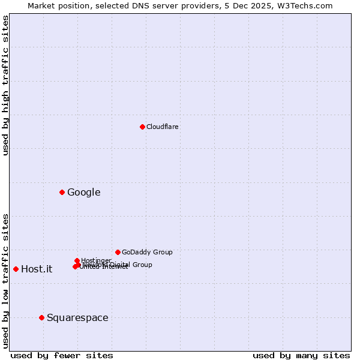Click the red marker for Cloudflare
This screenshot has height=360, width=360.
pos(142,127)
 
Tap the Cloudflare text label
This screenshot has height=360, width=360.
pos(162,127)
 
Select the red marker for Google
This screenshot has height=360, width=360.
pos(62,192)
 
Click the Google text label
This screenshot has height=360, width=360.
pos(83,192)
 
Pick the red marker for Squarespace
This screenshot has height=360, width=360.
pos(41,317)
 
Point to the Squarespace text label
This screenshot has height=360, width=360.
pos(77,317)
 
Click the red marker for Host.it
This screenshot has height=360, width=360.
pos(16,269)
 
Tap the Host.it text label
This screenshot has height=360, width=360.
pos(37,269)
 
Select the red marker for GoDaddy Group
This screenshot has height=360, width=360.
pos(118,252)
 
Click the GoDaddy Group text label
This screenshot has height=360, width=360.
pos(147,252)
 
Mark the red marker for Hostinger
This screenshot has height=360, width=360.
pos(77,260)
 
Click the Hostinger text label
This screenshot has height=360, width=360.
pos(96,260)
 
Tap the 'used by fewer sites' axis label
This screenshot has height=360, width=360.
pos(62,355)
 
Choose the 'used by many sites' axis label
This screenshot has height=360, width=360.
pos(301,355)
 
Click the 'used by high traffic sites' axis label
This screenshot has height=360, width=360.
pos(5,85)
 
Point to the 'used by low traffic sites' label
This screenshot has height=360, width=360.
pos(5,281)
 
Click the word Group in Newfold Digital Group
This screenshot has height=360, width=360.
pos(142,265)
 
